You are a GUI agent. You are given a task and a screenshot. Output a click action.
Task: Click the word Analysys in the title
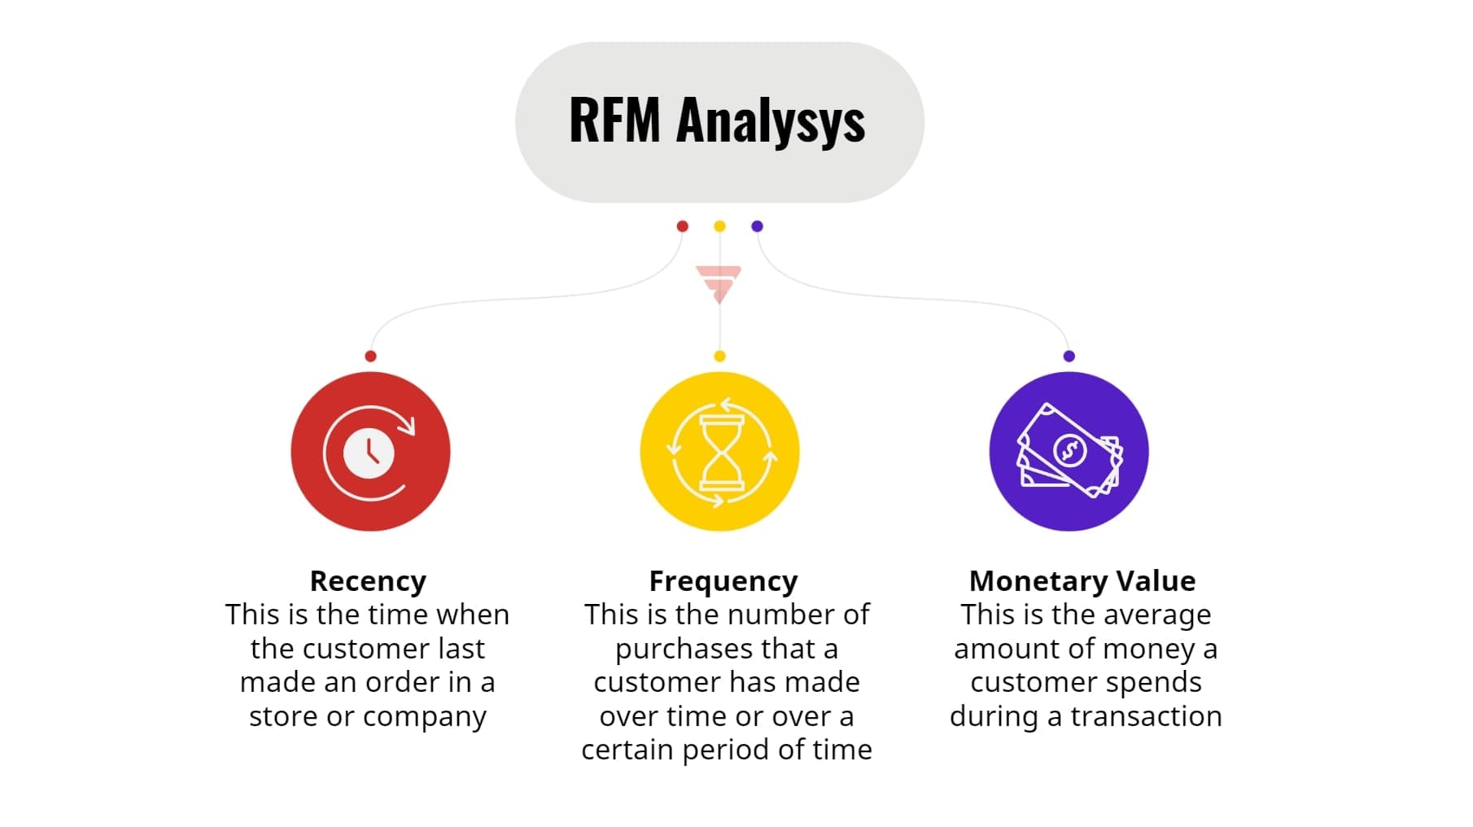[770, 120]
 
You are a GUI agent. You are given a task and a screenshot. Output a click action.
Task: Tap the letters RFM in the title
[614, 120]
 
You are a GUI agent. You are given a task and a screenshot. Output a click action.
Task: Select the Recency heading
[368, 580]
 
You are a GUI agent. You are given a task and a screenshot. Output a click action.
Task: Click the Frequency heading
[723, 580]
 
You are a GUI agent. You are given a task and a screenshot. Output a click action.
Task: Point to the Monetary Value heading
[1082, 580]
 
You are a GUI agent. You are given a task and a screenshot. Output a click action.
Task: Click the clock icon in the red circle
[369, 452]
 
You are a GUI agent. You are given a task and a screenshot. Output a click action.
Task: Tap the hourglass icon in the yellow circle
[721, 452]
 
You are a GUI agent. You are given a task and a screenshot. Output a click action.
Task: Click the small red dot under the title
[683, 226]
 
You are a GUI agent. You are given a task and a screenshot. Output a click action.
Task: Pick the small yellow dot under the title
[719, 226]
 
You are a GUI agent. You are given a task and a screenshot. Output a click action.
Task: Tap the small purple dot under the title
[757, 226]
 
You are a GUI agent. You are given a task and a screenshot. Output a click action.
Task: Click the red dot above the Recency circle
[370, 356]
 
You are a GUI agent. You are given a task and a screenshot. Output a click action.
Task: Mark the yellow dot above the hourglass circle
[719, 356]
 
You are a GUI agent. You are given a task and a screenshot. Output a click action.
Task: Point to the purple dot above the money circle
[1069, 356]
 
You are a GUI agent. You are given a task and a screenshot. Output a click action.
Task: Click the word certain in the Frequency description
[627, 750]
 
